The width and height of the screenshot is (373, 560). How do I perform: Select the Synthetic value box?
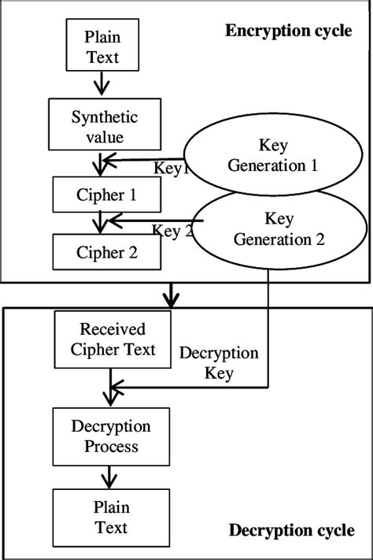coord(105,126)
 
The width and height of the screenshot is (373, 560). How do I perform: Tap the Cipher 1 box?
coord(107,194)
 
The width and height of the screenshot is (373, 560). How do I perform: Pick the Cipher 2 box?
coord(107,252)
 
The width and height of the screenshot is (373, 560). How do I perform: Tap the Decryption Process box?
coord(111,436)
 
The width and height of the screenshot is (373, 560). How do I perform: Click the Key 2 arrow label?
coord(172,231)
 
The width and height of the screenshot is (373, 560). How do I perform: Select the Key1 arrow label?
coord(172,168)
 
